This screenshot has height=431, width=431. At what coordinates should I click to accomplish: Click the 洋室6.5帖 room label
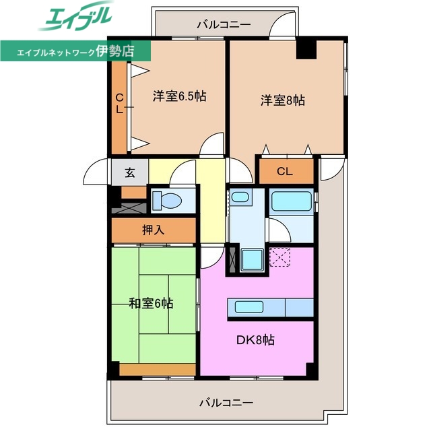click(x=178, y=96)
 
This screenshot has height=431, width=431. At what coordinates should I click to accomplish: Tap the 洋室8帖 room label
click(x=283, y=100)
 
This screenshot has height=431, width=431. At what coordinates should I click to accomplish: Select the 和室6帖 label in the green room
click(x=151, y=304)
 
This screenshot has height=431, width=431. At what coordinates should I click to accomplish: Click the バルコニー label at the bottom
click(x=226, y=403)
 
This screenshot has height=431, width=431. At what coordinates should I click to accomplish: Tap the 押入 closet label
click(x=153, y=230)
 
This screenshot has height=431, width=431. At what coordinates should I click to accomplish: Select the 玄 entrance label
click(x=129, y=172)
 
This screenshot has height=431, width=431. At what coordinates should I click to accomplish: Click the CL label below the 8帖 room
click(x=285, y=172)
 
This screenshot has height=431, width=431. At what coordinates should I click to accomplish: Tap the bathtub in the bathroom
click(x=291, y=202)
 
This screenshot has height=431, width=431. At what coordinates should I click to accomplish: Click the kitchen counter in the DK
click(x=273, y=307)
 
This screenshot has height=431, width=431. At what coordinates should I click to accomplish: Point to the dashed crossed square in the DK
click(x=278, y=257)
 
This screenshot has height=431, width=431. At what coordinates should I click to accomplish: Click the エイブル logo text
click(x=74, y=19)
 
